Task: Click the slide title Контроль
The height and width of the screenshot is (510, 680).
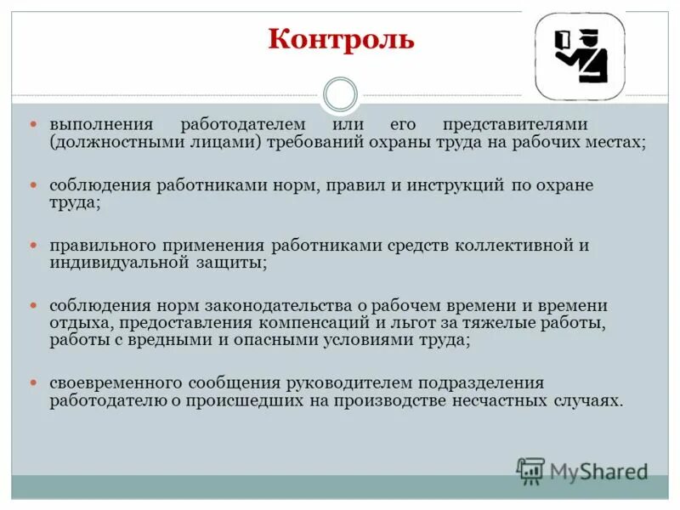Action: [341, 40]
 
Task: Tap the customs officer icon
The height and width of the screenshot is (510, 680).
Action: [580, 56]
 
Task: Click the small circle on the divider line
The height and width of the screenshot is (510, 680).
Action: [341, 94]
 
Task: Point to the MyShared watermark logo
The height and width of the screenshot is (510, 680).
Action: [583, 471]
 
